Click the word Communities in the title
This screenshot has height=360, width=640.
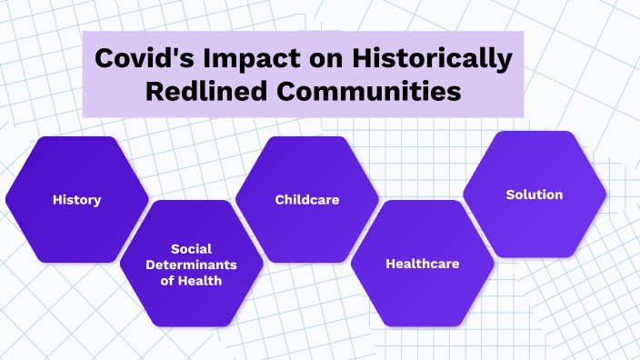(x=382, y=92)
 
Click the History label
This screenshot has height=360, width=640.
(x=76, y=199)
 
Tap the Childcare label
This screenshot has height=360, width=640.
(x=307, y=199)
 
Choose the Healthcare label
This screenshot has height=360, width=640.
(x=423, y=264)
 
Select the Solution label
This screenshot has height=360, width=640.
(x=535, y=195)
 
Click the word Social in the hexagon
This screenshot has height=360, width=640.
(x=192, y=248)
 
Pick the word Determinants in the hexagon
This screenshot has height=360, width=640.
(x=192, y=265)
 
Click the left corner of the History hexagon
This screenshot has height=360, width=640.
(x=7, y=199)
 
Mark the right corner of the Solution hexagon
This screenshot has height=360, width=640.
(x=605, y=195)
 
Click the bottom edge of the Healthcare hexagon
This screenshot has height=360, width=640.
(x=423, y=325)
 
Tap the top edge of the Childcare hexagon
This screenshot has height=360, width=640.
(x=307, y=137)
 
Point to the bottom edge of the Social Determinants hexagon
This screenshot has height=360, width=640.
(x=192, y=325)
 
